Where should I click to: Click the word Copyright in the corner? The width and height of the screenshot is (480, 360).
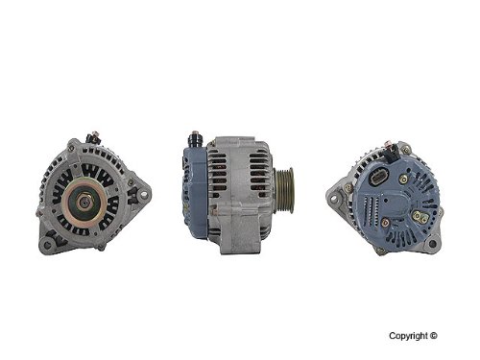[x=408, y=336]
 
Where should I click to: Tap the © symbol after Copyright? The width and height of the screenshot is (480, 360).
[x=434, y=335]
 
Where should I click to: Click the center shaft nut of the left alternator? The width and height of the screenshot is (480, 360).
[x=84, y=202]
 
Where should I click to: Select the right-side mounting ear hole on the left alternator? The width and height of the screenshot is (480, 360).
[x=144, y=194]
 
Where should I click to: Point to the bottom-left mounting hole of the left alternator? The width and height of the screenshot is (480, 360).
[x=47, y=245]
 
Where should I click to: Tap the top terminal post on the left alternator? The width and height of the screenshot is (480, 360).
[x=93, y=137]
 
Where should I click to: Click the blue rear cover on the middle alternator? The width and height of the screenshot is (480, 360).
[x=194, y=192]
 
